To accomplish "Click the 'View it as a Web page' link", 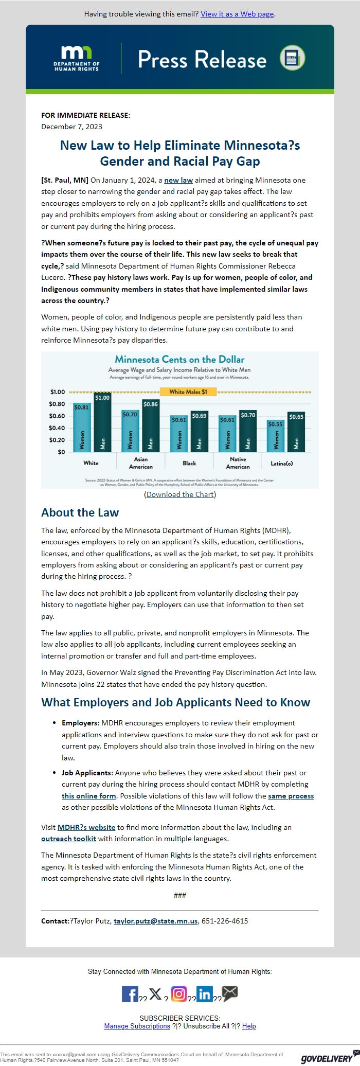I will pyautogui.click(x=237, y=14).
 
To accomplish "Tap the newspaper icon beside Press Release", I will pyautogui.click(x=292, y=58).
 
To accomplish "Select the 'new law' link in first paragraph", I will pyautogui.click(x=178, y=180).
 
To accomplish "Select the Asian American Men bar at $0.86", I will pyautogui.click(x=151, y=426).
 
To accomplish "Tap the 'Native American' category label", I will pyautogui.click(x=238, y=463).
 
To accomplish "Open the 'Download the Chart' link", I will pyautogui.click(x=180, y=494).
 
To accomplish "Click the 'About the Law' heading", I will pyautogui.click(x=80, y=512).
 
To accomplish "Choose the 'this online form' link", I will pyautogui.click(x=88, y=795).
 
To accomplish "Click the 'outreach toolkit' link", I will pyautogui.click(x=68, y=839).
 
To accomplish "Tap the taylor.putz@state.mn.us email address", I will pyautogui.click(x=155, y=921).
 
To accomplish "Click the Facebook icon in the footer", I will pyautogui.click(x=130, y=993).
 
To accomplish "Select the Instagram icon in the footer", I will pyautogui.click(x=178, y=993).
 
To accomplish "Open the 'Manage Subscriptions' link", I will pyautogui.click(x=137, y=1026).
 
